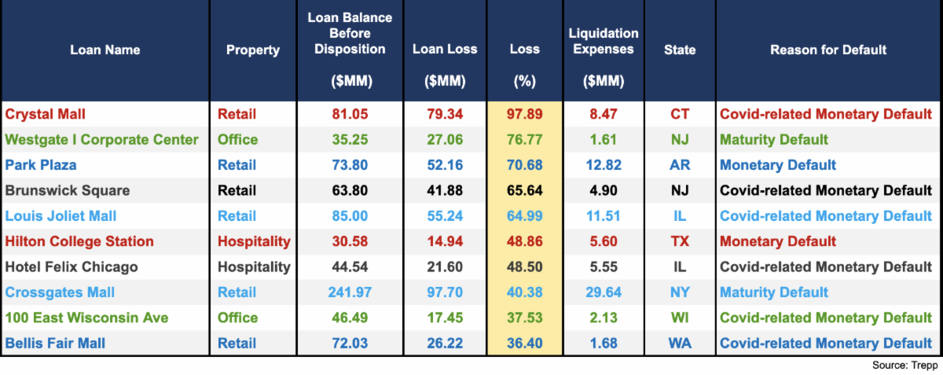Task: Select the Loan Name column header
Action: pos(105,50)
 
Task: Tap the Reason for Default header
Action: pos(828,50)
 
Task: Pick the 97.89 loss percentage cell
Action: pos(524,114)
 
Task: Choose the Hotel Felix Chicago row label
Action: pos(72,267)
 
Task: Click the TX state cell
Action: pos(680,241)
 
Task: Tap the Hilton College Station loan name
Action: pos(79,241)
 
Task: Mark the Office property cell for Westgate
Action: pos(237,140)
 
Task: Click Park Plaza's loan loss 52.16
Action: pos(446,165)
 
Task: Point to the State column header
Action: pos(680,50)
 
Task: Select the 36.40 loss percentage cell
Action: pos(524,343)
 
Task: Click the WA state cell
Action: pos(680,343)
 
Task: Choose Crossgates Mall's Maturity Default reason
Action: pos(774,292)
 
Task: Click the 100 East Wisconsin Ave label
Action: pos(86,318)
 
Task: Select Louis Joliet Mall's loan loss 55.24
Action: pos(446,215)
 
